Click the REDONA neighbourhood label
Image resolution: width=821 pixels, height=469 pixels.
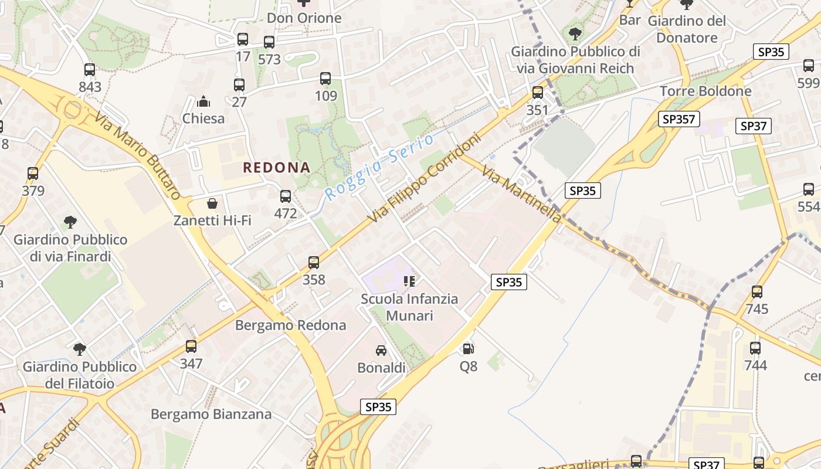click(276, 168)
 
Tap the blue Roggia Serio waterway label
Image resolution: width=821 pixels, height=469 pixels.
click(379, 166)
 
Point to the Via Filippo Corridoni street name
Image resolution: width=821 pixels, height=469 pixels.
click(425, 178)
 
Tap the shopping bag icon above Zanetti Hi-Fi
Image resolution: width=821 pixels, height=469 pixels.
click(212, 203)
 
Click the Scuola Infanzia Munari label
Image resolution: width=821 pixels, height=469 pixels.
click(409, 307)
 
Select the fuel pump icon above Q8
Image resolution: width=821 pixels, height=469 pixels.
click(468, 349)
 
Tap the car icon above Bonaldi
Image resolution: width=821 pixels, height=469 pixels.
click(381, 351)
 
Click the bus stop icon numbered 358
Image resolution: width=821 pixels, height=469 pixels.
click(314, 262)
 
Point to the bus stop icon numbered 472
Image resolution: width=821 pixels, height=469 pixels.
click(286, 196)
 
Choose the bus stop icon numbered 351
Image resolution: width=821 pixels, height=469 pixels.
click(537, 92)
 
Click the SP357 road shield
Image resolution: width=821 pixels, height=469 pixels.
click(678, 120)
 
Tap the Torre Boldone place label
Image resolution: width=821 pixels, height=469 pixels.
click(705, 91)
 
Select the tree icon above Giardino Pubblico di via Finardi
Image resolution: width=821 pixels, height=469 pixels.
click(70, 222)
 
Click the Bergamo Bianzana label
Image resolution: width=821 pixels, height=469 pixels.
click(211, 414)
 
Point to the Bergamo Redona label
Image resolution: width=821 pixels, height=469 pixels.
click(290, 325)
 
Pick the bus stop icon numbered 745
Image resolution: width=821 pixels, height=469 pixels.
click(757, 291)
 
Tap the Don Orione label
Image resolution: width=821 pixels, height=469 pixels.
click(304, 18)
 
